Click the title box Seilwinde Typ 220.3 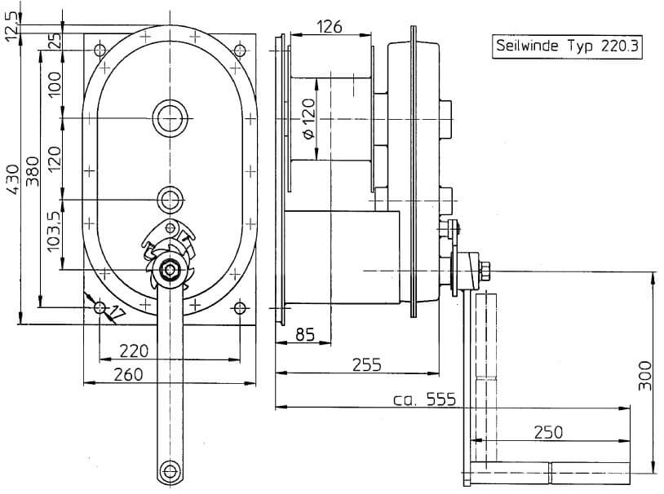pyautogui.click(x=567, y=46)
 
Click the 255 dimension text pyautogui.click(x=366, y=364)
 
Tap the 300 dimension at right pyautogui.click(x=644, y=374)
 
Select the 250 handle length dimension pyautogui.click(x=547, y=432)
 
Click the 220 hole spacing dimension pyautogui.click(x=134, y=351)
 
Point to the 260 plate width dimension pyautogui.click(x=128, y=374)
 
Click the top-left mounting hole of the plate pyautogui.click(x=100, y=51)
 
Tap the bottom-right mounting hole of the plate pyautogui.click(x=239, y=308)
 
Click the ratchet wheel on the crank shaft pyautogui.click(x=170, y=257)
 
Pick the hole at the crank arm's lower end pyautogui.click(x=170, y=470)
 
